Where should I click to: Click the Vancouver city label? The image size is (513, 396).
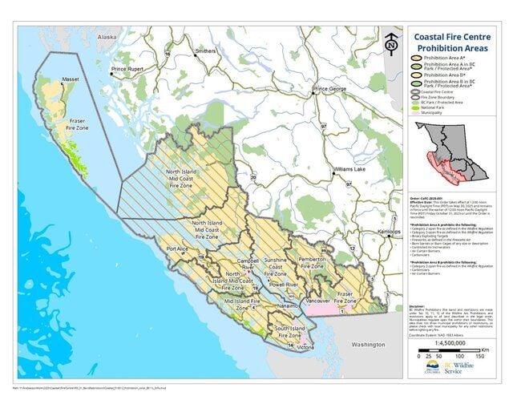click(318, 301)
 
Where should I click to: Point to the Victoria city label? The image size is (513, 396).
click(305, 348)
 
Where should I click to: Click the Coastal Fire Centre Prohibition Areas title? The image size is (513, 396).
click(453, 42)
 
